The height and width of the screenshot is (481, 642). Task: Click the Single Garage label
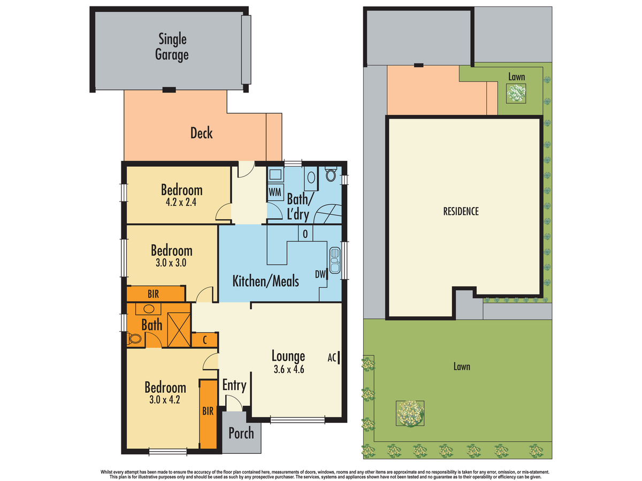(x=172, y=46)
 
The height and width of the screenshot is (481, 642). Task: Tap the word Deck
(x=202, y=133)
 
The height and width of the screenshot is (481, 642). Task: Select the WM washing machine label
(x=275, y=192)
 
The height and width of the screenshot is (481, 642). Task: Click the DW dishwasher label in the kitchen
(x=320, y=274)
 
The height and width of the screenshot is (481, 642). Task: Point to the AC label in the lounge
(x=332, y=358)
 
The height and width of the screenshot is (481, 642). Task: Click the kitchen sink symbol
(x=335, y=260)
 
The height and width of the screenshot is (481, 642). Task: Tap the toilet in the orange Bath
(x=134, y=339)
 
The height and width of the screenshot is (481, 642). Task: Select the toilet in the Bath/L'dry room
(x=331, y=174)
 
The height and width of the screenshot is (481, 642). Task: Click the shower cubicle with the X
(x=179, y=330)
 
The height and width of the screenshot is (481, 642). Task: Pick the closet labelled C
(x=205, y=340)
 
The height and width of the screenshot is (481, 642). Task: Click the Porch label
(x=241, y=433)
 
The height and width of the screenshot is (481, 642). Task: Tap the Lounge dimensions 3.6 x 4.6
(x=289, y=369)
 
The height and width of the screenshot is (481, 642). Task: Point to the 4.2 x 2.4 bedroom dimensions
(x=181, y=202)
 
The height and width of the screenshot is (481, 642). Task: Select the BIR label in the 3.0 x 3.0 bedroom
(x=153, y=294)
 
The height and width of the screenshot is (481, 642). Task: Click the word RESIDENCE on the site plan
(x=461, y=212)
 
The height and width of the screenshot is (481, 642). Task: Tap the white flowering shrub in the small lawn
(x=516, y=93)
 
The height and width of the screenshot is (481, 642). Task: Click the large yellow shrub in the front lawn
(x=410, y=413)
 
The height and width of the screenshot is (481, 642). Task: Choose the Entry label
(x=234, y=385)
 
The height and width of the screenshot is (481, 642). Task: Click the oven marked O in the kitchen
(x=305, y=234)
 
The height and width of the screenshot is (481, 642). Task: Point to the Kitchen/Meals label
(x=265, y=281)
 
